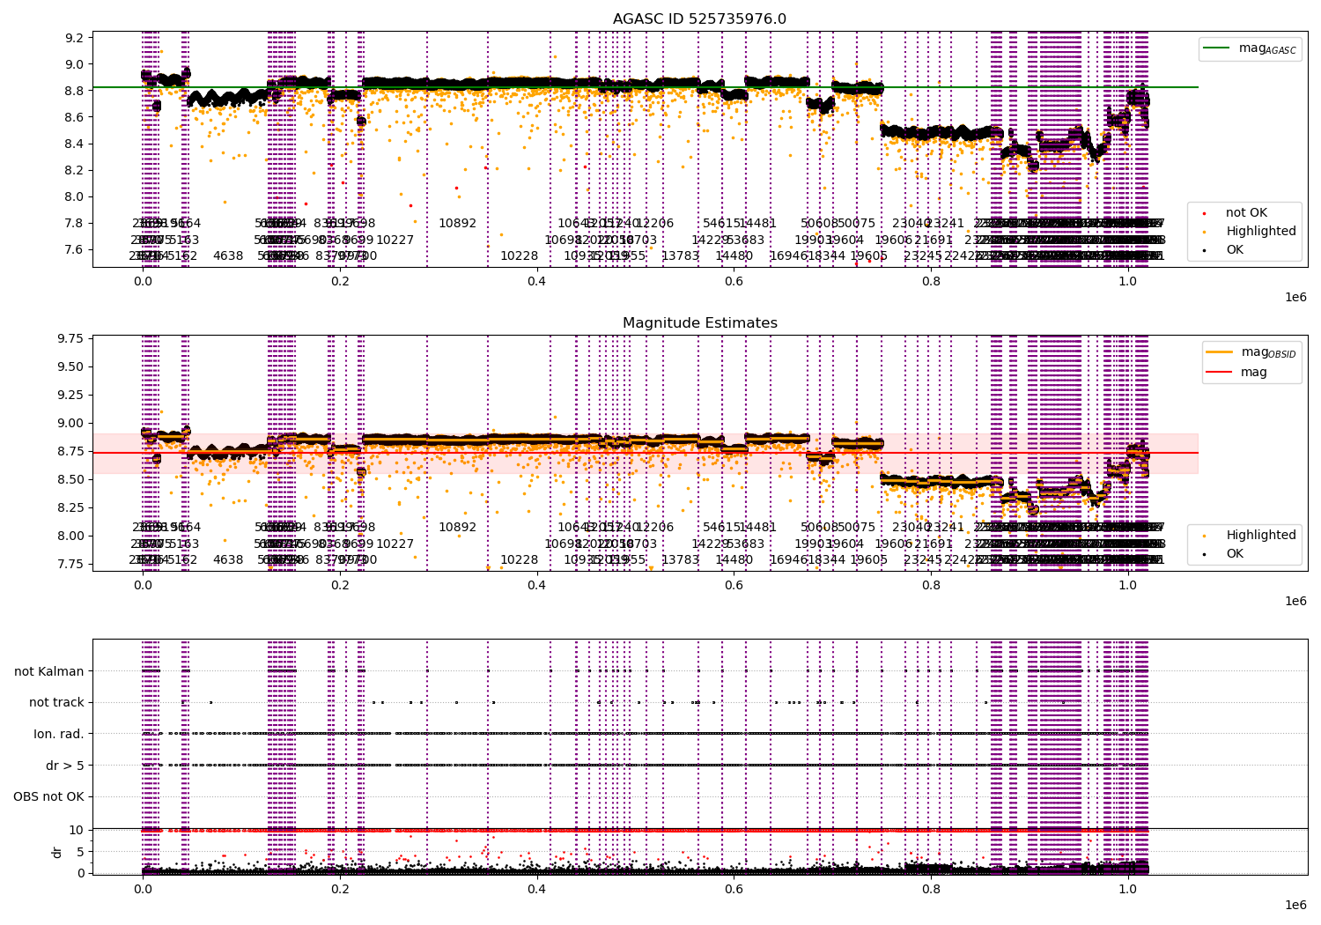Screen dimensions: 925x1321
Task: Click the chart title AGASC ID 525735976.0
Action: [699, 19]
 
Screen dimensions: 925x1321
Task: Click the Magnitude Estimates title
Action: [699, 323]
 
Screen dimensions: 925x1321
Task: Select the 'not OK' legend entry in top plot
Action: [1246, 213]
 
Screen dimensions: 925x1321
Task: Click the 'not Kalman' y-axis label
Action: [49, 671]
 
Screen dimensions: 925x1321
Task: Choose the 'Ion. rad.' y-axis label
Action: [59, 734]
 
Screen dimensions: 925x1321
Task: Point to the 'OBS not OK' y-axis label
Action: [48, 797]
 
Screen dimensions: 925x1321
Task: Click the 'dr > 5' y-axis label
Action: [65, 766]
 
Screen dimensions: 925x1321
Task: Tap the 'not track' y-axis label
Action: [56, 703]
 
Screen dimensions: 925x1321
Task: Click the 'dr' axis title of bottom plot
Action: [57, 852]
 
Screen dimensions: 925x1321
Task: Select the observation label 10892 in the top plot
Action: [457, 224]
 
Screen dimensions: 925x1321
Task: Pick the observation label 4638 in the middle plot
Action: [228, 559]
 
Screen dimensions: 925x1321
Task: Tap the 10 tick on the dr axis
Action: [77, 830]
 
